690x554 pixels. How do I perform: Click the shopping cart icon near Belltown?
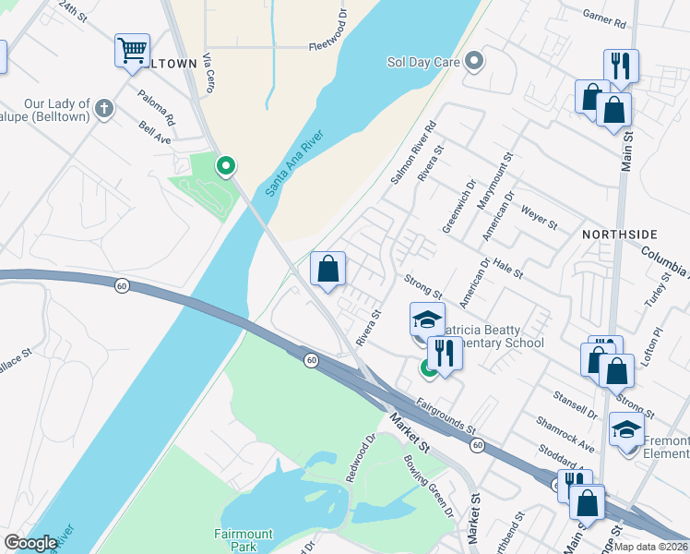(x=133, y=50)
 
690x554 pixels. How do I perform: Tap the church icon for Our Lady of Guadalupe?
(x=104, y=109)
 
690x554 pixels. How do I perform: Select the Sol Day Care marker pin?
(x=475, y=63)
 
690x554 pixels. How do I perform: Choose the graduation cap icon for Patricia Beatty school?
(x=426, y=320)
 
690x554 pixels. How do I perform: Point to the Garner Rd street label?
(x=604, y=16)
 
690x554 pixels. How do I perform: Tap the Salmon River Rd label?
(x=412, y=152)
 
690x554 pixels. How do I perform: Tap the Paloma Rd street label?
(x=157, y=107)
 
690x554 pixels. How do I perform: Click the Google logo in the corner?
(x=30, y=543)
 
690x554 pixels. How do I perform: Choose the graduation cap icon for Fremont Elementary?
(x=626, y=430)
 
